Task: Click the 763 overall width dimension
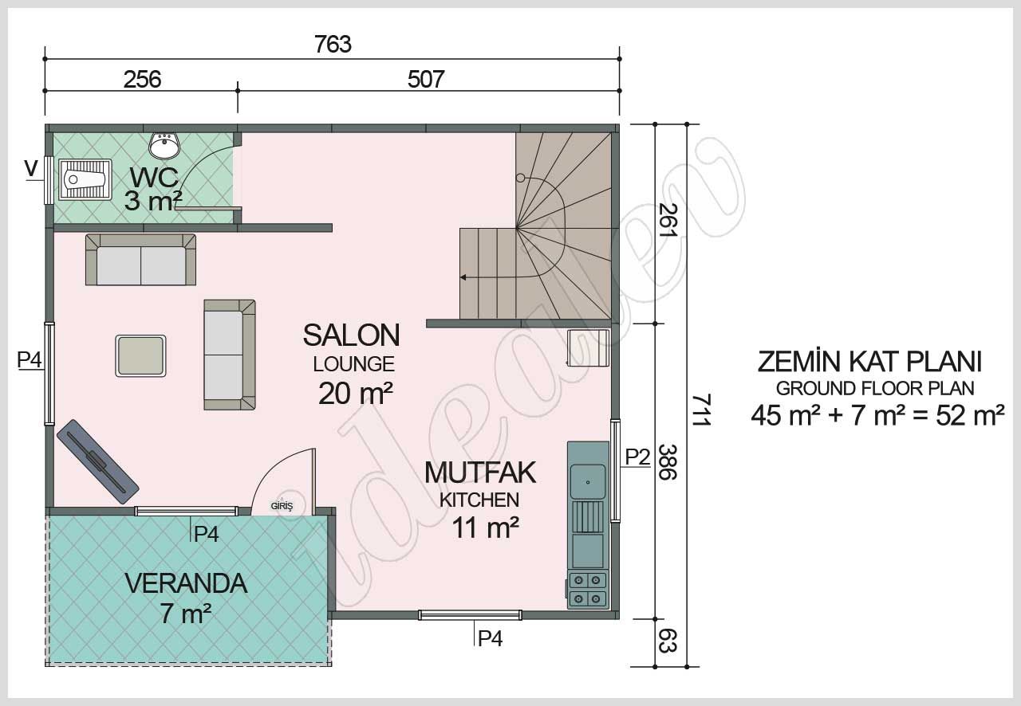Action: (x=333, y=44)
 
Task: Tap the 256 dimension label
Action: (x=142, y=79)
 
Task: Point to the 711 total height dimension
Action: (x=700, y=410)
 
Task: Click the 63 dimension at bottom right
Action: (x=668, y=641)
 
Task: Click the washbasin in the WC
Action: (x=165, y=145)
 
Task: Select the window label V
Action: (x=31, y=168)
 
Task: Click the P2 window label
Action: (x=637, y=457)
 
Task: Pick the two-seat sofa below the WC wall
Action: (x=141, y=261)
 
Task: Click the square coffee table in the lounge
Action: (x=141, y=355)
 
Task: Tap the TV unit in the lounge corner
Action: (x=97, y=461)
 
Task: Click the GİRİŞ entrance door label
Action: (x=282, y=506)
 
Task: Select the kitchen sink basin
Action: (x=587, y=481)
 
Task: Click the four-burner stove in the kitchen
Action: (x=587, y=589)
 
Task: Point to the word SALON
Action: (x=351, y=335)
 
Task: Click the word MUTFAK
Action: (x=479, y=473)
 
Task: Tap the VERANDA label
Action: (x=186, y=583)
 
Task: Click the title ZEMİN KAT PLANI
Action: (x=869, y=362)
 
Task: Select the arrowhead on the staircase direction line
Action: (x=463, y=277)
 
